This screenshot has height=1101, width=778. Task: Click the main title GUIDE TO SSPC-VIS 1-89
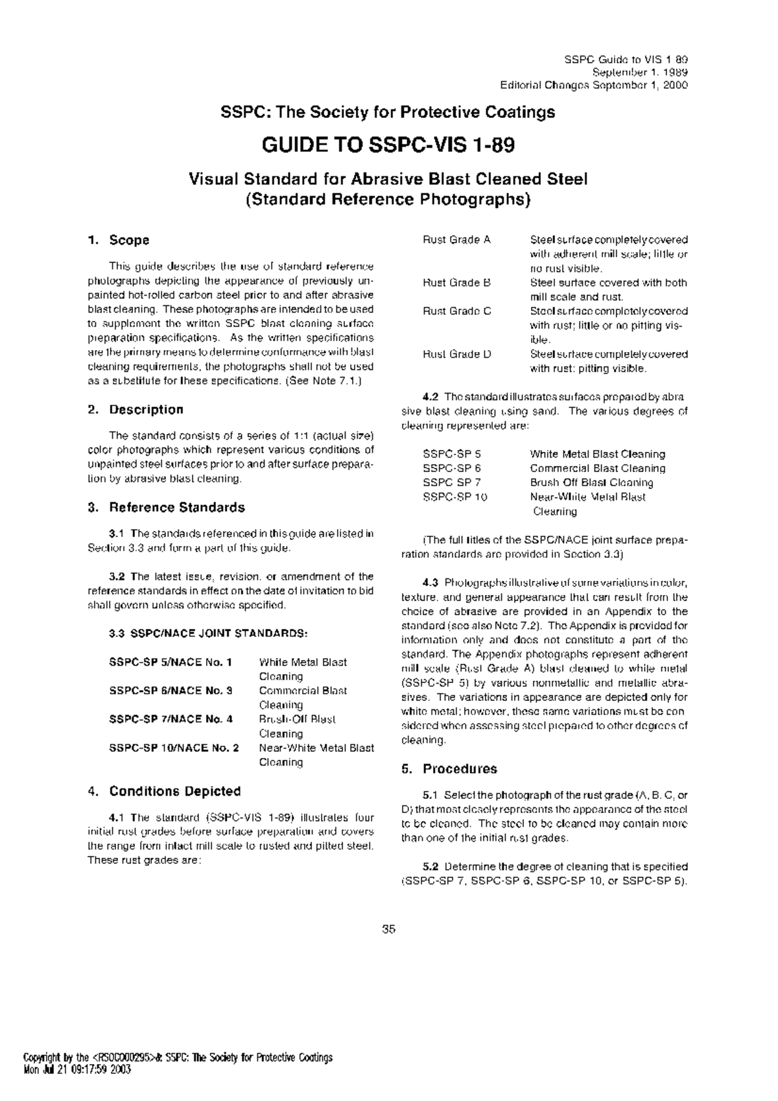click(388, 145)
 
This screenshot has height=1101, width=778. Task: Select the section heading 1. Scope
click(119, 241)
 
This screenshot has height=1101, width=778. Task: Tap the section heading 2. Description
click(136, 410)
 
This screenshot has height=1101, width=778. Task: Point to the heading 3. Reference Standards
click(166, 508)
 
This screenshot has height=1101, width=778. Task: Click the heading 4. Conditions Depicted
click(164, 792)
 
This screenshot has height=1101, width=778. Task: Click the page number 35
click(388, 929)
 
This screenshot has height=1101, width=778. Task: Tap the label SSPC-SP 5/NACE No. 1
click(171, 663)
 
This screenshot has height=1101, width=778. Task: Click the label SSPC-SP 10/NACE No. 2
click(174, 748)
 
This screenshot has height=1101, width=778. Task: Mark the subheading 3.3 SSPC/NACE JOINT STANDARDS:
click(208, 633)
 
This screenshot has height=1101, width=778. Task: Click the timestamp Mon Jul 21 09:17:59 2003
click(77, 1070)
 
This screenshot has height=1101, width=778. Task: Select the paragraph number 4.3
click(430, 583)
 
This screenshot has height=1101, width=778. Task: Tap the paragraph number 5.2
click(430, 867)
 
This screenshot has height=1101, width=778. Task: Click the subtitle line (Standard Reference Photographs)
click(388, 200)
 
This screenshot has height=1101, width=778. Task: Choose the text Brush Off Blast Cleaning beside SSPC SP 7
click(591, 483)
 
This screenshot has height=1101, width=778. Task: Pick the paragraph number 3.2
click(117, 576)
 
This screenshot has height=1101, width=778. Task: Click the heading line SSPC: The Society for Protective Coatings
click(388, 113)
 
